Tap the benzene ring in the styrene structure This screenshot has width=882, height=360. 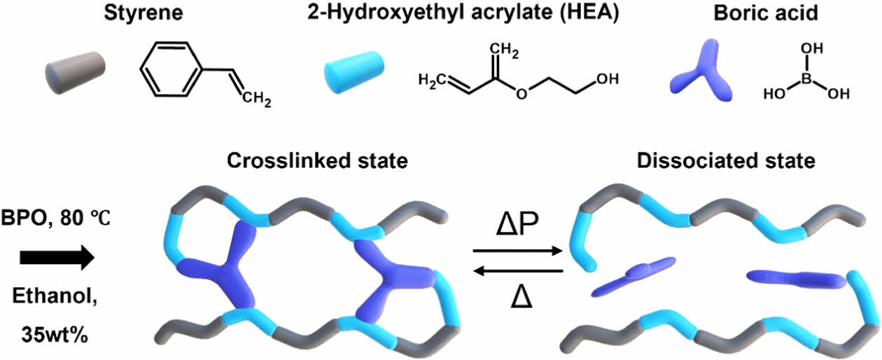(x=172, y=71)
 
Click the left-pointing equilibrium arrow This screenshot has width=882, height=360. (x=518, y=270)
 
